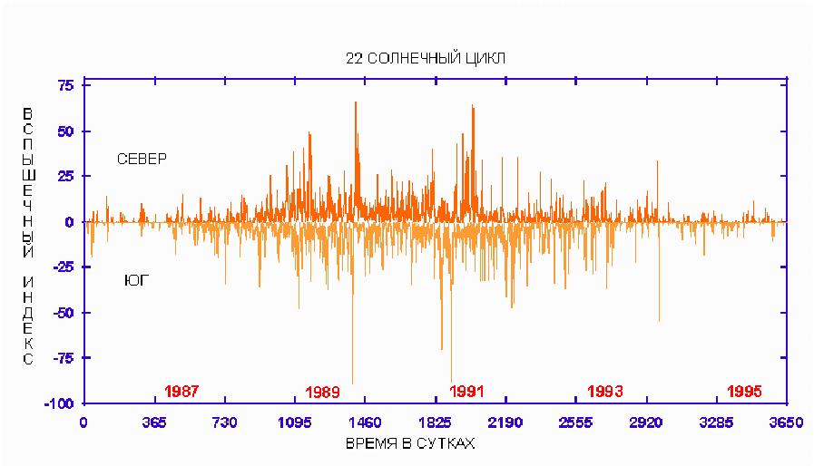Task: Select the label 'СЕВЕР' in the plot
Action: [x=142, y=160]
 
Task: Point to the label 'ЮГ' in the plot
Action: [x=136, y=281]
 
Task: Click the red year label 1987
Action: [x=181, y=391]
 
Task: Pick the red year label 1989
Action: [x=322, y=392]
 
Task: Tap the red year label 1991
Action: [x=466, y=391]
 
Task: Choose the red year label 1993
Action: [x=604, y=391]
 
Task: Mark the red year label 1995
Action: [x=744, y=391]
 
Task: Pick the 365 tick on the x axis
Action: [x=154, y=422]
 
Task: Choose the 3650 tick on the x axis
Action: [x=786, y=422]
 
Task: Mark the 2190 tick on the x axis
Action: [x=505, y=422]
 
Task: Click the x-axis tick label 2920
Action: [x=646, y=422]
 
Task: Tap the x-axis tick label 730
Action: [x=224, y=422]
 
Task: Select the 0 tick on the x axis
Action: [x=83, y=422]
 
